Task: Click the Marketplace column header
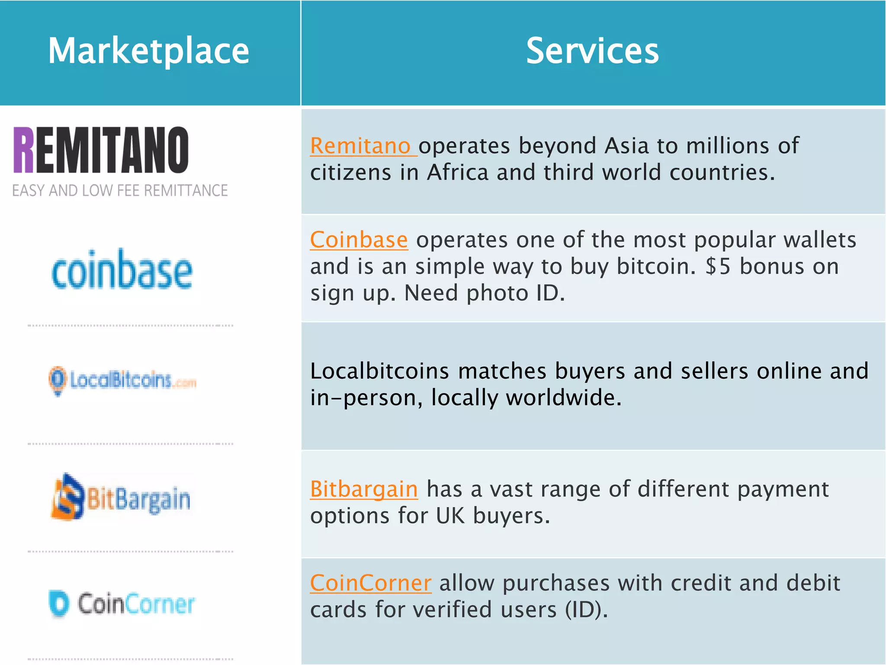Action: (148, 51)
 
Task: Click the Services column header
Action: (592, 51)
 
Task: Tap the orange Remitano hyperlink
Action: (360, 146)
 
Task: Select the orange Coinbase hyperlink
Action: (359, 240)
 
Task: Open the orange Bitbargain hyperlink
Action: (364, 489)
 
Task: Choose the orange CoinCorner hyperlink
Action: (371, 583)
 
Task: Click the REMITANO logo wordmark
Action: (101, 150)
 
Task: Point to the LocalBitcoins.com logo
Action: (123, 380)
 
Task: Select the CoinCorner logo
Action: (122, 604)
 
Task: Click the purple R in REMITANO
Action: (23, 150)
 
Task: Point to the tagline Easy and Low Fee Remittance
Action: (120, 190)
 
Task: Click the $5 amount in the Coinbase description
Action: (718, 266)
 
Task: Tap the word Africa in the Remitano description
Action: (457, 173)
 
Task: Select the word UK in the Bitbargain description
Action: (450, 516)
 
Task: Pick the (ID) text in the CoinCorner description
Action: (586, 610)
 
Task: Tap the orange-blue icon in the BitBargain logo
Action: (67, 497)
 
